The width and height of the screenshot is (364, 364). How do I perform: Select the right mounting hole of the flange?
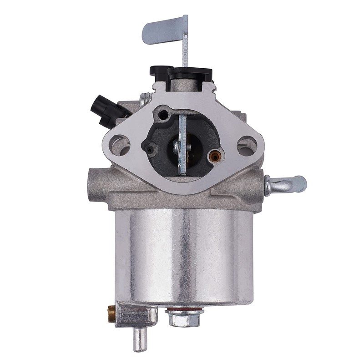(x=247, y=146)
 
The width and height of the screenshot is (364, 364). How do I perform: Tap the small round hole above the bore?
(x=162, y=116)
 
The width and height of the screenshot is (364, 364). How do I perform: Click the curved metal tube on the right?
(x=287, y=184)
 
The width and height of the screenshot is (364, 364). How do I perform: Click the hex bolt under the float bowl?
(x=184, y=319)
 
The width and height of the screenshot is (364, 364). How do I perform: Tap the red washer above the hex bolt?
(x=184, y=310)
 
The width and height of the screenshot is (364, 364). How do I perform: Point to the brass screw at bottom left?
(x=111, y=313)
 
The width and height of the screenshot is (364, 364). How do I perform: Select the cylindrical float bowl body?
(x=184, y=255)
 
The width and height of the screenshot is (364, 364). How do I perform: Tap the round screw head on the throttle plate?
(x=176, y=147)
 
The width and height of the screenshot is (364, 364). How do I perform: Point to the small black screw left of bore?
(x=148, y=148)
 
